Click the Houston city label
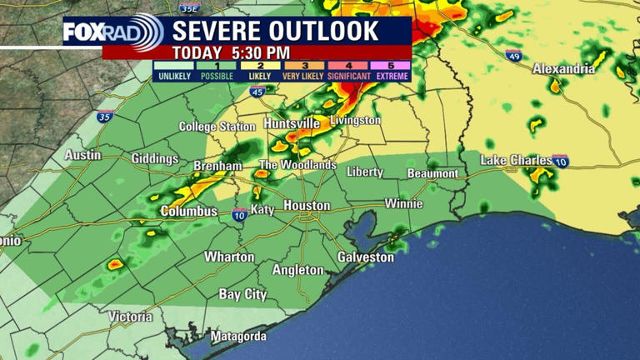(307, 206)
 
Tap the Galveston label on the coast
(365, 257)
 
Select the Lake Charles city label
(516, 160)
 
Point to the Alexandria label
(563, 68)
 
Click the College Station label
(217, 127)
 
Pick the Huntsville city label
(292, 123)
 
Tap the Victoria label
(131, 317)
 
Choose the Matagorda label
(238, 337)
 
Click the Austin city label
(82, 155)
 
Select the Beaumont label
(432, 173)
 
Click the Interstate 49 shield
(513, 56)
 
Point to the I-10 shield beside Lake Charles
(560, 161)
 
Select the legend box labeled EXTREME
(392, 71)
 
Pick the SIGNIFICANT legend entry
(348, 71)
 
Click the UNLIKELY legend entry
(173, 71)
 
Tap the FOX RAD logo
(113, 32)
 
